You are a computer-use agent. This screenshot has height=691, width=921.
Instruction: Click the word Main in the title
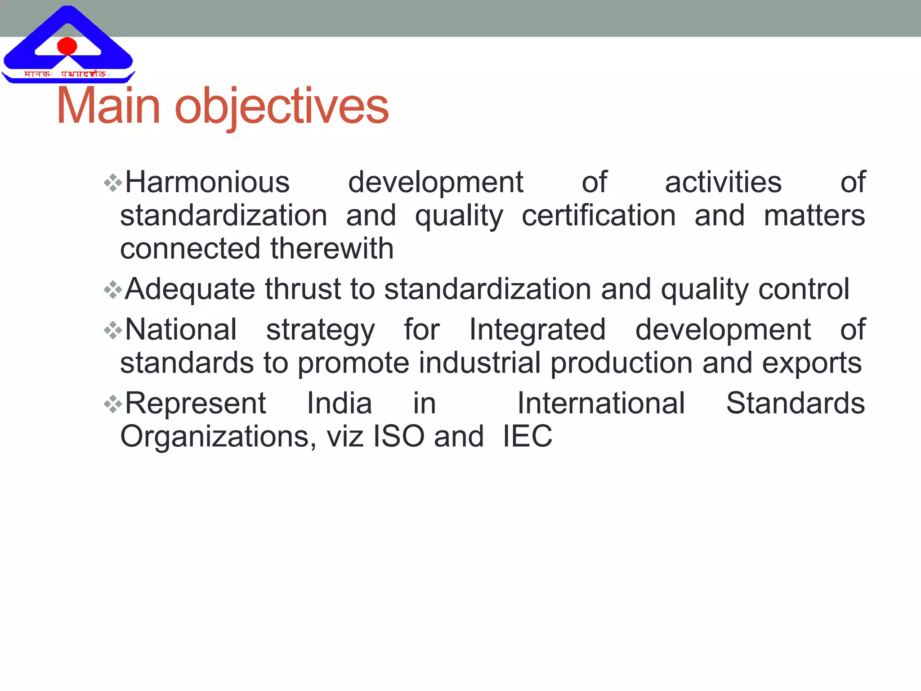[x=108, y=106]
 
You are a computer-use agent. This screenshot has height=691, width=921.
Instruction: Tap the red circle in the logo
[x=67, y=46]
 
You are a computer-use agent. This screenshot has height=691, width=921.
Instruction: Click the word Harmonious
[x=207, y=183]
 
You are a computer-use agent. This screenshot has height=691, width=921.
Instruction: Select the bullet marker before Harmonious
[x=112, y=183]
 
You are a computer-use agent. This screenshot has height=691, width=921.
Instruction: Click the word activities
[x=723, y=183]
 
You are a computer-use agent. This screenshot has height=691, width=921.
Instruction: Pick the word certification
[x=599, y=215]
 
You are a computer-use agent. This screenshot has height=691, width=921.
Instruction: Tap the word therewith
[x=332, y=248]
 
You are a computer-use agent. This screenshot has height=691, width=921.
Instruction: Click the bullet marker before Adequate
[x=112, y=289]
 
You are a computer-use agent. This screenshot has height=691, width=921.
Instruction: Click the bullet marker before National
[x=112, y=331]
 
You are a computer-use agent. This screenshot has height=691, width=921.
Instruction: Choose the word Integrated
[x=537, y=330]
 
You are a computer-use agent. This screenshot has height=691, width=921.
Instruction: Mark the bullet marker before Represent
[x=112, y=404]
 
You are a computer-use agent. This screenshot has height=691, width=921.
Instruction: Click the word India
[x=340, y=404]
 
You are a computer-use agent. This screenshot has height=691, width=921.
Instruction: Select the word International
[x=601, y=404]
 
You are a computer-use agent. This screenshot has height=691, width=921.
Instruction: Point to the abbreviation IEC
[x=527, y=436]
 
